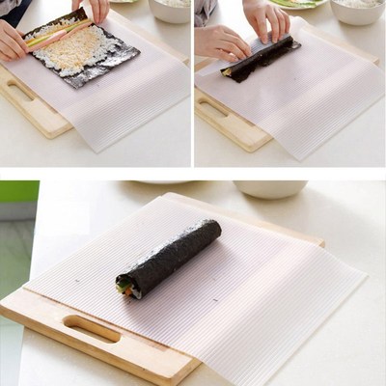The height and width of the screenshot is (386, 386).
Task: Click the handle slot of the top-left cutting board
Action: (20, 92)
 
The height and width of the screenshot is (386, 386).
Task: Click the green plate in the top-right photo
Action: (295, 4)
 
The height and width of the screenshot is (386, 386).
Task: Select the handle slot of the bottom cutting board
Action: (93, 329)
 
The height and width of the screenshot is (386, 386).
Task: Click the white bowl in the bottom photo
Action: (269, 188)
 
